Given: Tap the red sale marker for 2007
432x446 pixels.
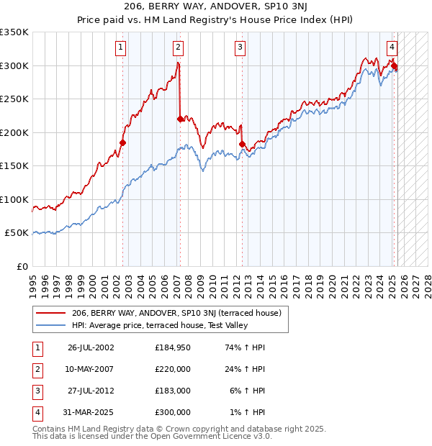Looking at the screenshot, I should click(x=179, y=119).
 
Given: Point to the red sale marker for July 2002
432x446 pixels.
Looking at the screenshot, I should click(x=122, y=142).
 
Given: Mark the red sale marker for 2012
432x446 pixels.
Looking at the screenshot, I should click(x=242, y=144).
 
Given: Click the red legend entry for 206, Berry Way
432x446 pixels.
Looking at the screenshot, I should click(x=181, y=314).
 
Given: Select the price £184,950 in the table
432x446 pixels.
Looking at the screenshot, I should click(x=173, y=347).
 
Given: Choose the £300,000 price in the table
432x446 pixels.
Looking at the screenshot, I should click(x=173, y=412).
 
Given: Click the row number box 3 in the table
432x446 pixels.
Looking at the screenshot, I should click(x=37, y=391).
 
